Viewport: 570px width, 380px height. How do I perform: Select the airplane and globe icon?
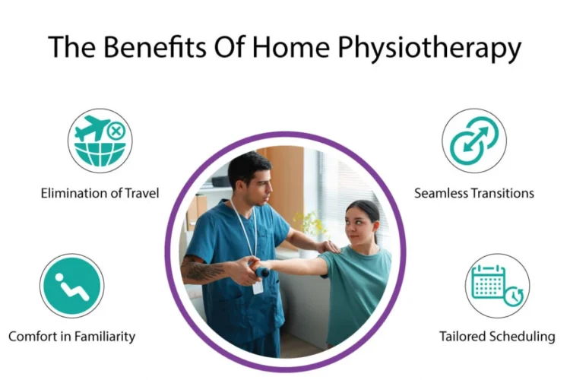[x=100, y=141]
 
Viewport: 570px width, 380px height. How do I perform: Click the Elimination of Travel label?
[x=100, y=193]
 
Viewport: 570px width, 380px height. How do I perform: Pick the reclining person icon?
[x=71, y=286]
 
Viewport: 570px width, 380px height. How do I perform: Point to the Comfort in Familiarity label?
[x=71, y=335]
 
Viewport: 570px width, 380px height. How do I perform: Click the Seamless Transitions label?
[x=473, y=193]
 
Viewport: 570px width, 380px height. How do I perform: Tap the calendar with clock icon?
[x=497, y=286]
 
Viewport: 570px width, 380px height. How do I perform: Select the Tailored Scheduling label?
[x=497, y=335]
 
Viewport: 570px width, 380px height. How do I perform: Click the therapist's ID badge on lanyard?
[x=258, y=286]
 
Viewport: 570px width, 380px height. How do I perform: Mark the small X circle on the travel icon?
[x=116, y=131]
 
